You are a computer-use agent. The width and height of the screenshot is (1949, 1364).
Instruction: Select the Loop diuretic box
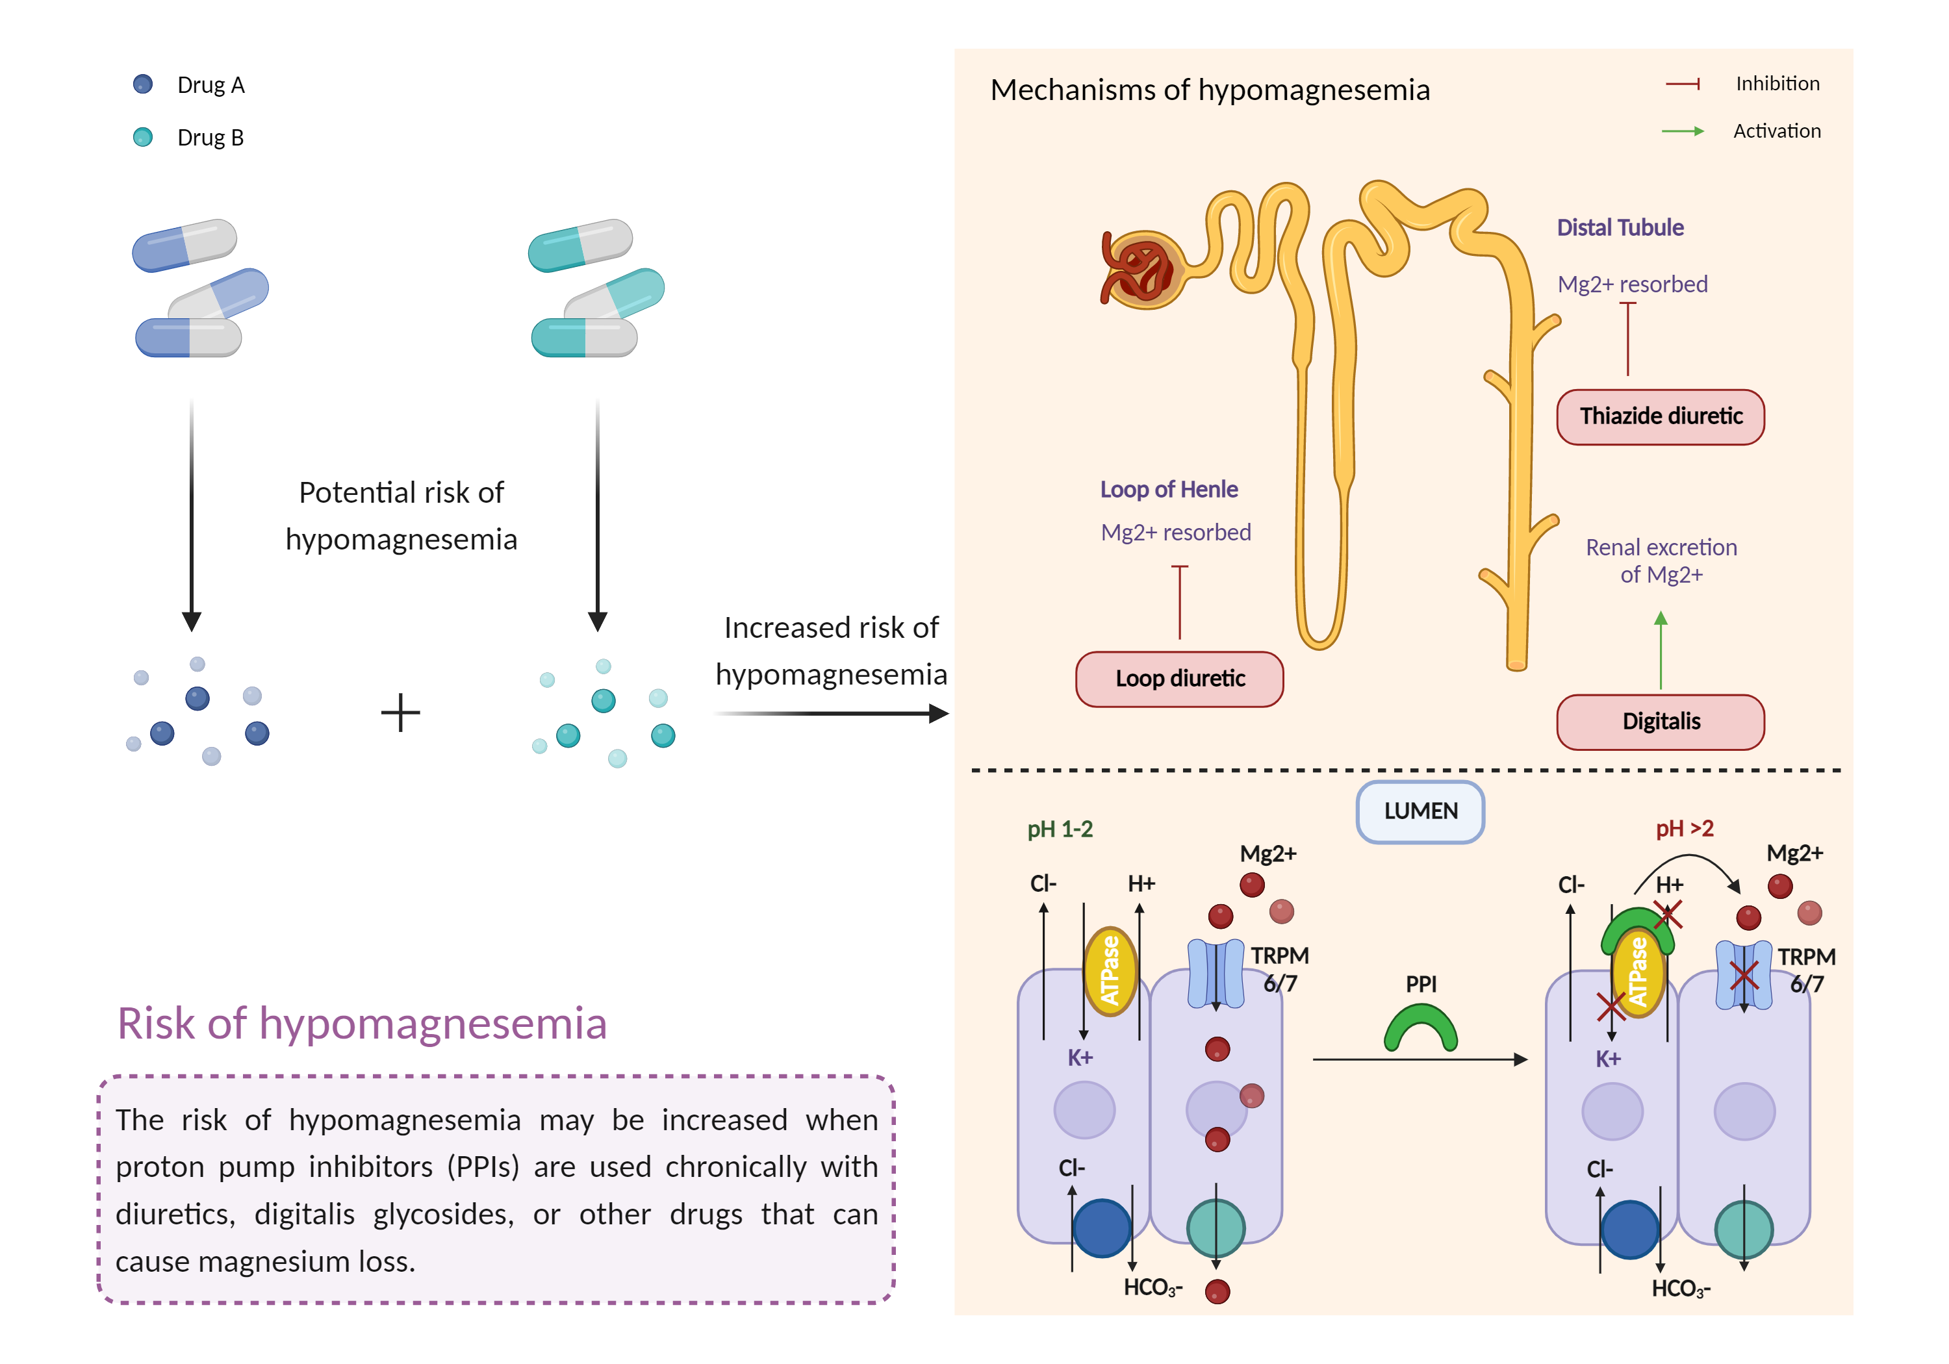[x=1179, y=679]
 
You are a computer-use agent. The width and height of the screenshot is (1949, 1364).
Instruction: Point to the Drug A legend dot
[x=143, y=84]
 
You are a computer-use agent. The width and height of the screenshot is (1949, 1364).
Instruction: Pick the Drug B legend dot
[x=143, y=136]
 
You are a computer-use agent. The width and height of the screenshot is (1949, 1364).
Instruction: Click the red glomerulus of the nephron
[x=1141, y=270]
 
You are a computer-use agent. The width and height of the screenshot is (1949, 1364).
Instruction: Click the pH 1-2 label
[x=1060, y=829]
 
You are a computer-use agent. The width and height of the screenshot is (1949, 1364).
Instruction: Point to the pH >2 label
[x=1684, y=829]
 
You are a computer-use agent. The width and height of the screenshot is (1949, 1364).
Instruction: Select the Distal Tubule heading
[x=1620, y=227]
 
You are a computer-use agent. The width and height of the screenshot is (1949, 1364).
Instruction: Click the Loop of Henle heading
[x=1168, y=490]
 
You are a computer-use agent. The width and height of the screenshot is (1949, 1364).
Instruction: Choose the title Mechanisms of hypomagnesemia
[x=1210, y=90]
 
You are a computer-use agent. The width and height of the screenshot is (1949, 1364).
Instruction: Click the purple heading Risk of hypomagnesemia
[x=362, y=1024]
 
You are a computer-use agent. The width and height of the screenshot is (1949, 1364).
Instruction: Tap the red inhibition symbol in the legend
[x=1683, y=84]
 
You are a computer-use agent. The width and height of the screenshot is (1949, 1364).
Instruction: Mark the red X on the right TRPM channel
[x=1744, y=976]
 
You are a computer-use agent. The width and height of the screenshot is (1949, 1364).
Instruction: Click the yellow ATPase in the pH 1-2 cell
[x=1110, y=971]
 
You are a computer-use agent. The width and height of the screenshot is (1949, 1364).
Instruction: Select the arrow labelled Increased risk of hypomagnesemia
[x=832, y=714]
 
